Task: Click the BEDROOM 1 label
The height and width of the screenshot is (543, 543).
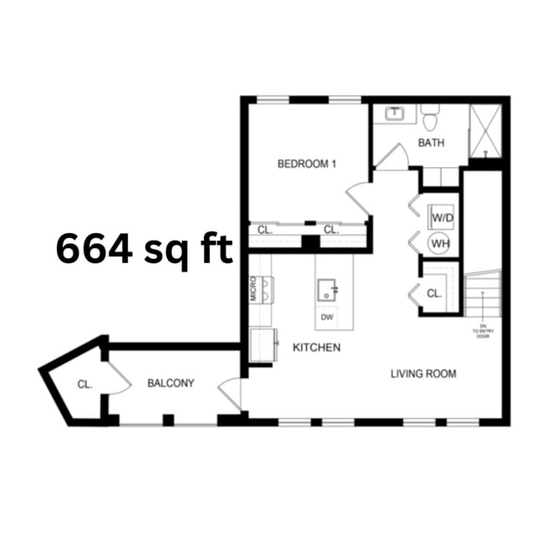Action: pos(307,164)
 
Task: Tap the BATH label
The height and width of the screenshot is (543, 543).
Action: pos(431,143)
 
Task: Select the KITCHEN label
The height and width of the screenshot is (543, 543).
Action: pos(316,348)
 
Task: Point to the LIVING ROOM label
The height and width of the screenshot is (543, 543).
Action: pos(424,373)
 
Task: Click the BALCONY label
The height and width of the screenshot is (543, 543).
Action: pos(170,383)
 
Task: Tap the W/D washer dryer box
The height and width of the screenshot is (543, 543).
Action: pos(441,218)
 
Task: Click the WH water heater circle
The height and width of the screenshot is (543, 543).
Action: pos(440,243)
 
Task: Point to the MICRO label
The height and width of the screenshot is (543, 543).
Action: pos(253,289)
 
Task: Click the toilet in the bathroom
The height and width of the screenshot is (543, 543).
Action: pos(430,118)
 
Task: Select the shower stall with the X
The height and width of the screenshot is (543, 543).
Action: pos(485,130)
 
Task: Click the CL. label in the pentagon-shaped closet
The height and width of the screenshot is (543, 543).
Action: pos(84,385)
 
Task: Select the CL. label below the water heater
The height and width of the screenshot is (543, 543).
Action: pos(434,293)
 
